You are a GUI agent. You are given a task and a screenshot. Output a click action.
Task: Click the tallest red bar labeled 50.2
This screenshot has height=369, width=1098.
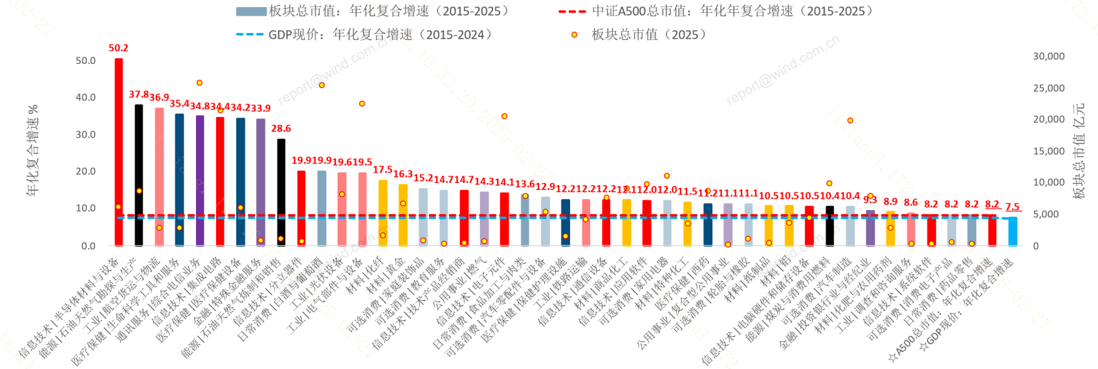tap(118, 152)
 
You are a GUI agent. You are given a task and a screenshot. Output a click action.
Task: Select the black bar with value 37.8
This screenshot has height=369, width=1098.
tap(138, 175)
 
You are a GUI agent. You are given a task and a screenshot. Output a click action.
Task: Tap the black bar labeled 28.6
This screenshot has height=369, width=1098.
tap(281, 192)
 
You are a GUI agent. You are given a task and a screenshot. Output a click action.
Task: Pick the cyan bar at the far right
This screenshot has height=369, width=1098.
tap(1013, 231)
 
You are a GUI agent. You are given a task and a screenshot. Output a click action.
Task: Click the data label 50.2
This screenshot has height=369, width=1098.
tap(118, 48)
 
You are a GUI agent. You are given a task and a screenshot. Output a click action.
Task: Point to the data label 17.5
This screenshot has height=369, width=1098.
tap(382, 169)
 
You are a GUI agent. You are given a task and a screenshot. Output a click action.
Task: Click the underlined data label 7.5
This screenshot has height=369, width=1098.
tap(1013, 207)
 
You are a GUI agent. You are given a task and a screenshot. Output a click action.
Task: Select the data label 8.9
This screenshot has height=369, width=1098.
tap(890, 202)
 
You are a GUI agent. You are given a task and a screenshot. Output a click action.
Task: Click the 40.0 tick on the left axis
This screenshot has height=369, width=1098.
tap(85, 98)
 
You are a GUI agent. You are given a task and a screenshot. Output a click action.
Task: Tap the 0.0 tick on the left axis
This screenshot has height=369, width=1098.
tap(88, 246)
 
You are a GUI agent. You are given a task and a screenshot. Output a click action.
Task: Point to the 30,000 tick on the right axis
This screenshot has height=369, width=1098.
tap(1048, 56)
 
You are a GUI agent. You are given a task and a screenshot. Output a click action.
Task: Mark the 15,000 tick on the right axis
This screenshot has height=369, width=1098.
tap(1048, 151)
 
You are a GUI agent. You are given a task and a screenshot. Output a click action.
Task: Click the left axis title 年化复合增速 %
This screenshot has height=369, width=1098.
tap(32, 150)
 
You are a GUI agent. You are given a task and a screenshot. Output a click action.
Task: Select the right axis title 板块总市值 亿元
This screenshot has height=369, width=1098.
tap(1078, 150)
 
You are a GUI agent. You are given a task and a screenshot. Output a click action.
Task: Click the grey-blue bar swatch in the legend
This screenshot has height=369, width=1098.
tap(251, 11)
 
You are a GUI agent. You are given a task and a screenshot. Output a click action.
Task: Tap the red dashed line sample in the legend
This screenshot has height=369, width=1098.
tap(572, 11)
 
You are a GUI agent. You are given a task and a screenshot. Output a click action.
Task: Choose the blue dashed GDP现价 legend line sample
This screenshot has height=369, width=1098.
tap(250, 34)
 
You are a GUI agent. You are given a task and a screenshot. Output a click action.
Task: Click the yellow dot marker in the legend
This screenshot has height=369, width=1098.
tap(574, 35)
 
